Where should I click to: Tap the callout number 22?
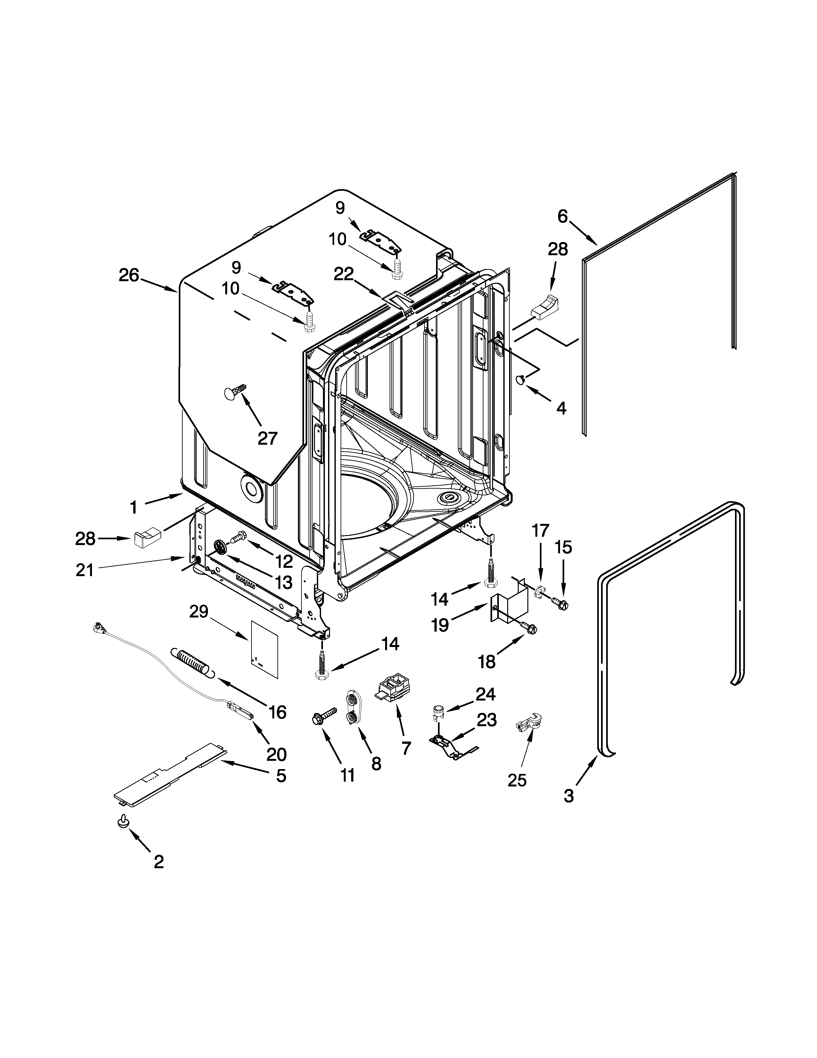(344, 274)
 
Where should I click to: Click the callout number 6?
(562, 216)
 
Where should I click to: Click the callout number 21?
(85, 570)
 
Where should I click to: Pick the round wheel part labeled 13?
(220, 547)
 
